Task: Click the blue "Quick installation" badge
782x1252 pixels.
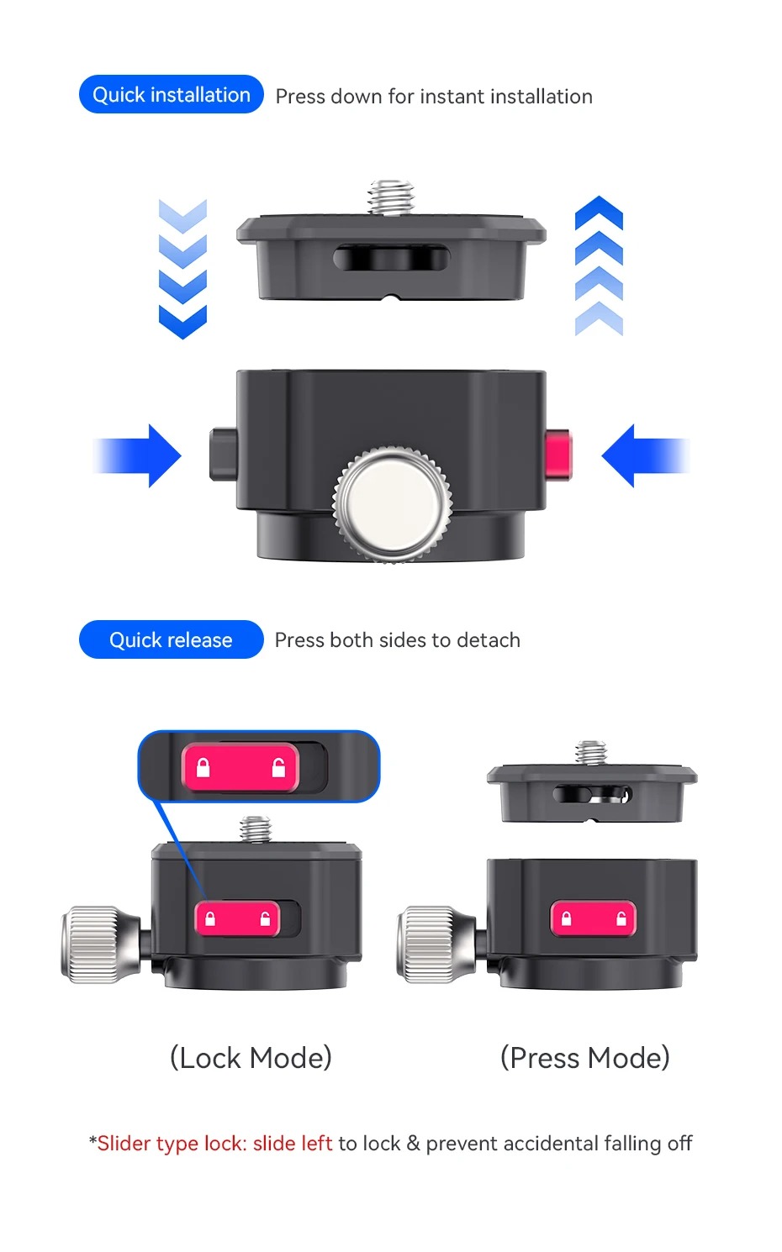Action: tap(172, 94)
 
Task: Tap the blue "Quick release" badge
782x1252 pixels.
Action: tap(172, 639)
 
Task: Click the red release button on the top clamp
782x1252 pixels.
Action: tap(558, 455)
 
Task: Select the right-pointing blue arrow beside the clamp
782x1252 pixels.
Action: tap(137, 455)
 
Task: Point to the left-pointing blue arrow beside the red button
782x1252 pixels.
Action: tap(645, 455)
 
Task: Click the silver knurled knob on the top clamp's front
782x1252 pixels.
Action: tap(392, 503)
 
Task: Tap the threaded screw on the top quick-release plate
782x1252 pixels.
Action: tap(391, 197)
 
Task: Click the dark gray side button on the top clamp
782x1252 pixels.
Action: tap(223, 455)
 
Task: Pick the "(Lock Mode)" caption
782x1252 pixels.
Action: tap(251, 1058)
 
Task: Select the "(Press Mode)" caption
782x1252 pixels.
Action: tap(585, 1058)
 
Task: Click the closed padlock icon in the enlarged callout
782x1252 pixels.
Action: tap(203, 768)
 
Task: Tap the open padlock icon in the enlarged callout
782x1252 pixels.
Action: tap(278, 768)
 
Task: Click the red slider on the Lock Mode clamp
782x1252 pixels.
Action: tap(237, 918)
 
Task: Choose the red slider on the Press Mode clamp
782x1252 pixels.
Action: tap(594, 918)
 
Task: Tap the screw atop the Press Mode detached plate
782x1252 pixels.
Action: tap(591, 754)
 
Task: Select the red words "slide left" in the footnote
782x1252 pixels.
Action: tap(293, 1143)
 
